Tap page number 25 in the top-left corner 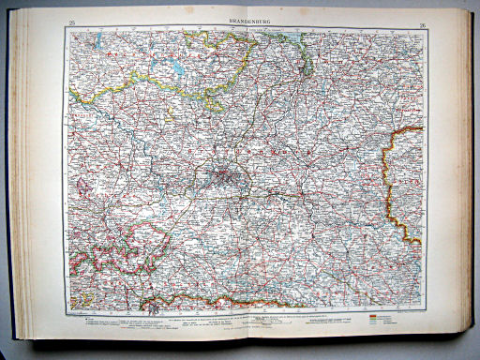coord(71,20)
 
